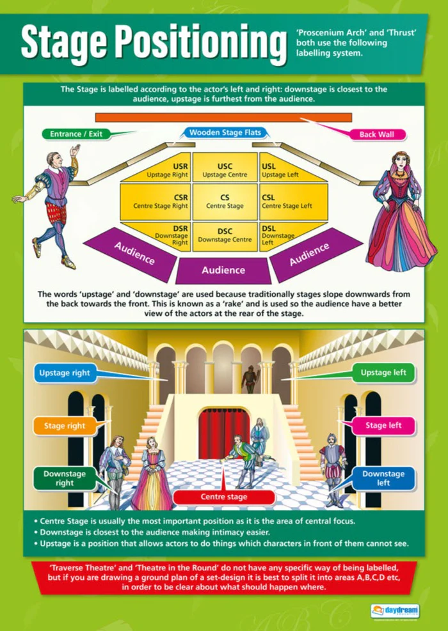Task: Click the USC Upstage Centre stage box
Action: (225, 167)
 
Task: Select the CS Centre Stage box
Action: (225, 201)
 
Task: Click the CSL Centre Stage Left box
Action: (293, 201)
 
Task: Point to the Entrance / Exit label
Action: (76, 134)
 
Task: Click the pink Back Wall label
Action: (377, 134)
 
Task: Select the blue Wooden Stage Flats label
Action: (225, 132)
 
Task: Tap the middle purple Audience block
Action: (223, 270)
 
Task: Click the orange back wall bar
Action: (223, 117)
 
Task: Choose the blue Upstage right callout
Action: (65, 373)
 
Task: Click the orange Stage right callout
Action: (65, 425)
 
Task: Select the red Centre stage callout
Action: (224, 497)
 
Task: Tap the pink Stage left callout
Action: (383, 425)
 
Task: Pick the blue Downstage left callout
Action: (383, 478)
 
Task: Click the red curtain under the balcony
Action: (224, 433)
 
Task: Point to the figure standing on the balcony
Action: (249, 378)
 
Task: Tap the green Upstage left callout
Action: (383, 373)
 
